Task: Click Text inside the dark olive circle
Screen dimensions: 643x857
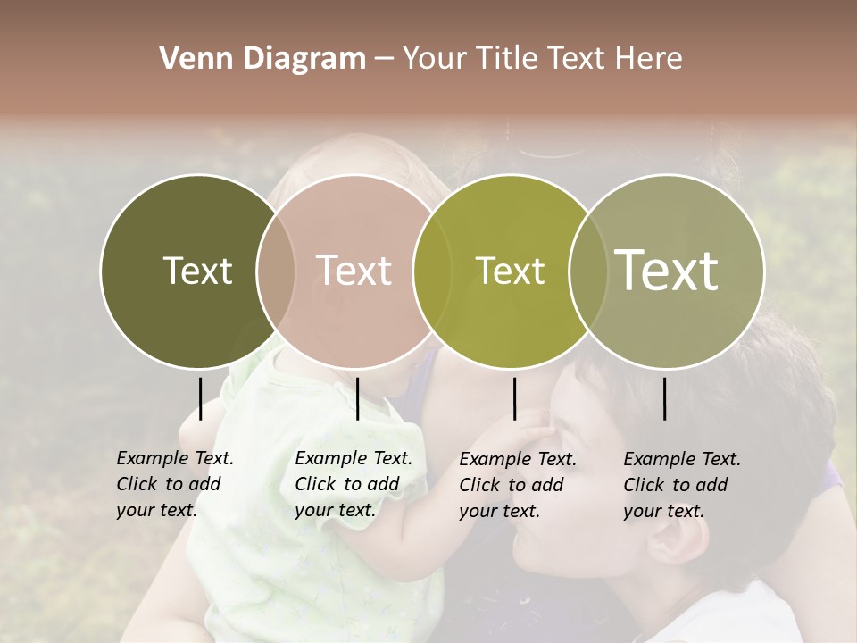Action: pyautogui.click(x=197, y=271)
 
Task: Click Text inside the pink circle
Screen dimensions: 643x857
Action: pyautogui.click(x=354, y=271)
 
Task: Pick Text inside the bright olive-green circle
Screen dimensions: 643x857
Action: pyautogui.click(x=510, y=271)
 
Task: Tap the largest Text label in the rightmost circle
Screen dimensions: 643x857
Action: pyautogui.click(x=666, y=271)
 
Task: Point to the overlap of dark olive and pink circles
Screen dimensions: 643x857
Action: pyautogui.click(x=276, y=271)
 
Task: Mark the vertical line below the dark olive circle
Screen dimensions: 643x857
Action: pyautogui.click(x=200, y=398)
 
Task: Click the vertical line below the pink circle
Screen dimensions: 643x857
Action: pyautogui.click(x=357, y=398)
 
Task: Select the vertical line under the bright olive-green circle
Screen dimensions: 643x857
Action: pyautogui.click(x=514, y=398)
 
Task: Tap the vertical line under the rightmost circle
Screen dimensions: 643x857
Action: pyautogui.click(x=664, y=398)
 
